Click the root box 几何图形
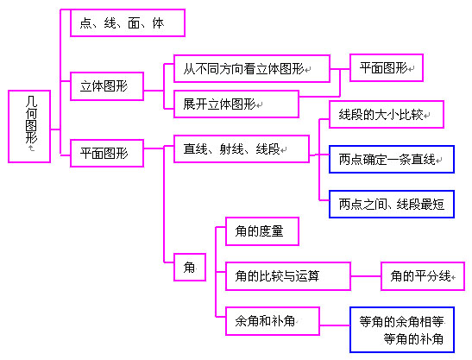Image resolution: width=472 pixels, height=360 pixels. point(29,126)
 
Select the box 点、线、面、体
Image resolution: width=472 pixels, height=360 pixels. point(128,23)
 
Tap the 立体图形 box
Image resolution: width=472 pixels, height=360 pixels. point(107,86)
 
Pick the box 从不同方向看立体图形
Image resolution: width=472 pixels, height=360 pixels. point(252,69)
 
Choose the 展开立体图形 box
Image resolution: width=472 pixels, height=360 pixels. point(236,104)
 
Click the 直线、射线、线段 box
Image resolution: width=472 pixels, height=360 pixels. point(242,148)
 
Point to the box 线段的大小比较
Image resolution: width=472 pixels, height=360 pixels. point(387,115)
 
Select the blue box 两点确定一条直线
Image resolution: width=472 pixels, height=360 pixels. point(392,160)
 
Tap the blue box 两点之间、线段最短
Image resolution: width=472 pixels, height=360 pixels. point(392,205)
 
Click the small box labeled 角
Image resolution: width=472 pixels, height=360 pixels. point(190,268)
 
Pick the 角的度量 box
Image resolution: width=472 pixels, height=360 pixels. point(262,231)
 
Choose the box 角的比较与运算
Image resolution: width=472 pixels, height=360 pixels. point(288,276)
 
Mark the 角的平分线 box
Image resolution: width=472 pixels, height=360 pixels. point(423,276)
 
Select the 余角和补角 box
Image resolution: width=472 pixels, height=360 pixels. point(273,321)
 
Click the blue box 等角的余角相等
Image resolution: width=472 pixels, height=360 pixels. point(402,330)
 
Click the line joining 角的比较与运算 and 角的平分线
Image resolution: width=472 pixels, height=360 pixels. point(366,276)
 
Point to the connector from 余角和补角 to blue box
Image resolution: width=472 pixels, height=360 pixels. point(335,325)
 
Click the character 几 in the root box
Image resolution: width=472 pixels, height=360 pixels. point(31,101)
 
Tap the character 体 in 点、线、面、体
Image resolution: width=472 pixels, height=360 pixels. point(158,23)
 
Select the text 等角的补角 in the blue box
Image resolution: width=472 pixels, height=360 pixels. point(413,339)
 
